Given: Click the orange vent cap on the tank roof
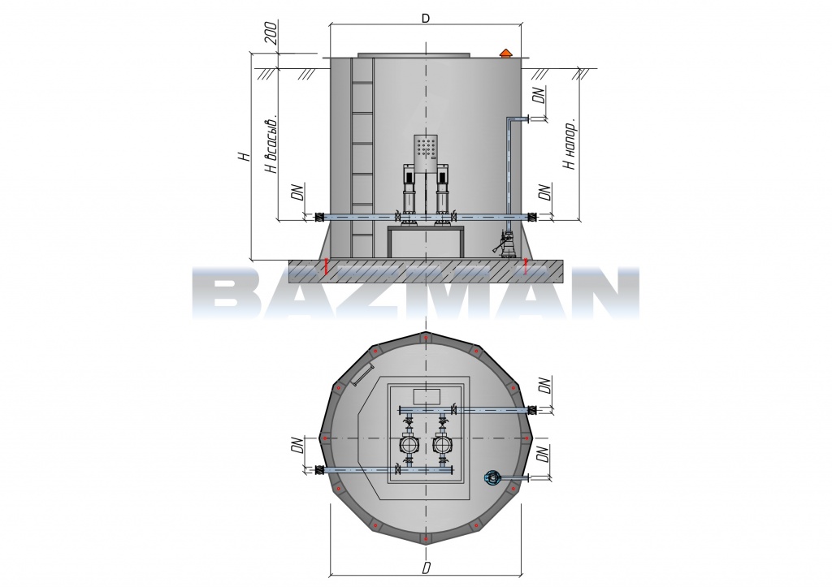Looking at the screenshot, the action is [x=505, y=53].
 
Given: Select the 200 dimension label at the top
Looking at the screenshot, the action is [x=271, y=32].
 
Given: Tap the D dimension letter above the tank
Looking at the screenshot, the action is [x=425, y=19].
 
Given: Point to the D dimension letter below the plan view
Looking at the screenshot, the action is [x=426, y=568].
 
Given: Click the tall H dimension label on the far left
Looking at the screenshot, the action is [x=244, y=157].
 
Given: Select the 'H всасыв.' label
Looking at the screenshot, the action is [x=271, y=143].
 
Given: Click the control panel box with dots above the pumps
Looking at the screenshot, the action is [x=426, y=153].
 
